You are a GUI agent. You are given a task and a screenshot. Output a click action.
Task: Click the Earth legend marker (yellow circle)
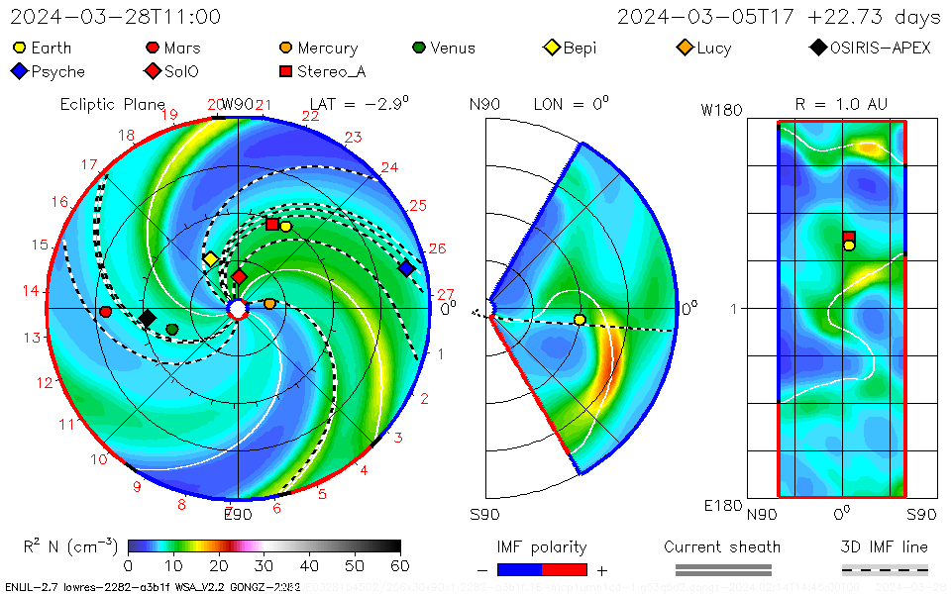coord(20,48)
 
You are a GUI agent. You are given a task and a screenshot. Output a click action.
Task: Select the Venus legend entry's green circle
coord(419,48)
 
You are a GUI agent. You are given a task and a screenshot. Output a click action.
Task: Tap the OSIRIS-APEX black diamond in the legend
coord(818,48)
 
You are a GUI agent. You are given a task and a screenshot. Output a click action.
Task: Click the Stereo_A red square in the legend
coord(285,71)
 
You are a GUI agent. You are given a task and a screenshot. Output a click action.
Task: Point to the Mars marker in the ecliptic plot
coord(106,312)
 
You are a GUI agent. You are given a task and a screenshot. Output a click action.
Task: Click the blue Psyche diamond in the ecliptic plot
coord(406,268)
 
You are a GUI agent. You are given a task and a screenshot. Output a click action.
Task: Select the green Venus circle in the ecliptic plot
coord(172,329)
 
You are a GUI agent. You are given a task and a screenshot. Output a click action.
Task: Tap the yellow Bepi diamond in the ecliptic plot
coord(211,259)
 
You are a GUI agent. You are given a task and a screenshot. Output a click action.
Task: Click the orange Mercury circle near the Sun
coord(269,304)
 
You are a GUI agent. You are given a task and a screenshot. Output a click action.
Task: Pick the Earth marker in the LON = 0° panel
coord(580,319)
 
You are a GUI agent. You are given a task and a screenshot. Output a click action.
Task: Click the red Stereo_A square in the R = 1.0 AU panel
coord(849,237)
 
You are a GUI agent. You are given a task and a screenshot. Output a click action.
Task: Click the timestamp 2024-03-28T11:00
coord(116,17)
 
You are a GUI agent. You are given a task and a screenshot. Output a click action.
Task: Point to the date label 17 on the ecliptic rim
coord(89,165)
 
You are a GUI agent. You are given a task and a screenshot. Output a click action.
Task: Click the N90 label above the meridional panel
coord(484,104)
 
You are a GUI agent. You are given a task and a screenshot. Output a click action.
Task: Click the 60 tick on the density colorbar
coord(400,565)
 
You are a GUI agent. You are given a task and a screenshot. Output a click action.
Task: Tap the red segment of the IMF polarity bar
coord(565,569)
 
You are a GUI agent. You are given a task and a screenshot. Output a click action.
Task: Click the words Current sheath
coord(722,546)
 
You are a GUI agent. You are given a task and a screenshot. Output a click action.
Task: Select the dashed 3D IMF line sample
coord(885,569)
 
